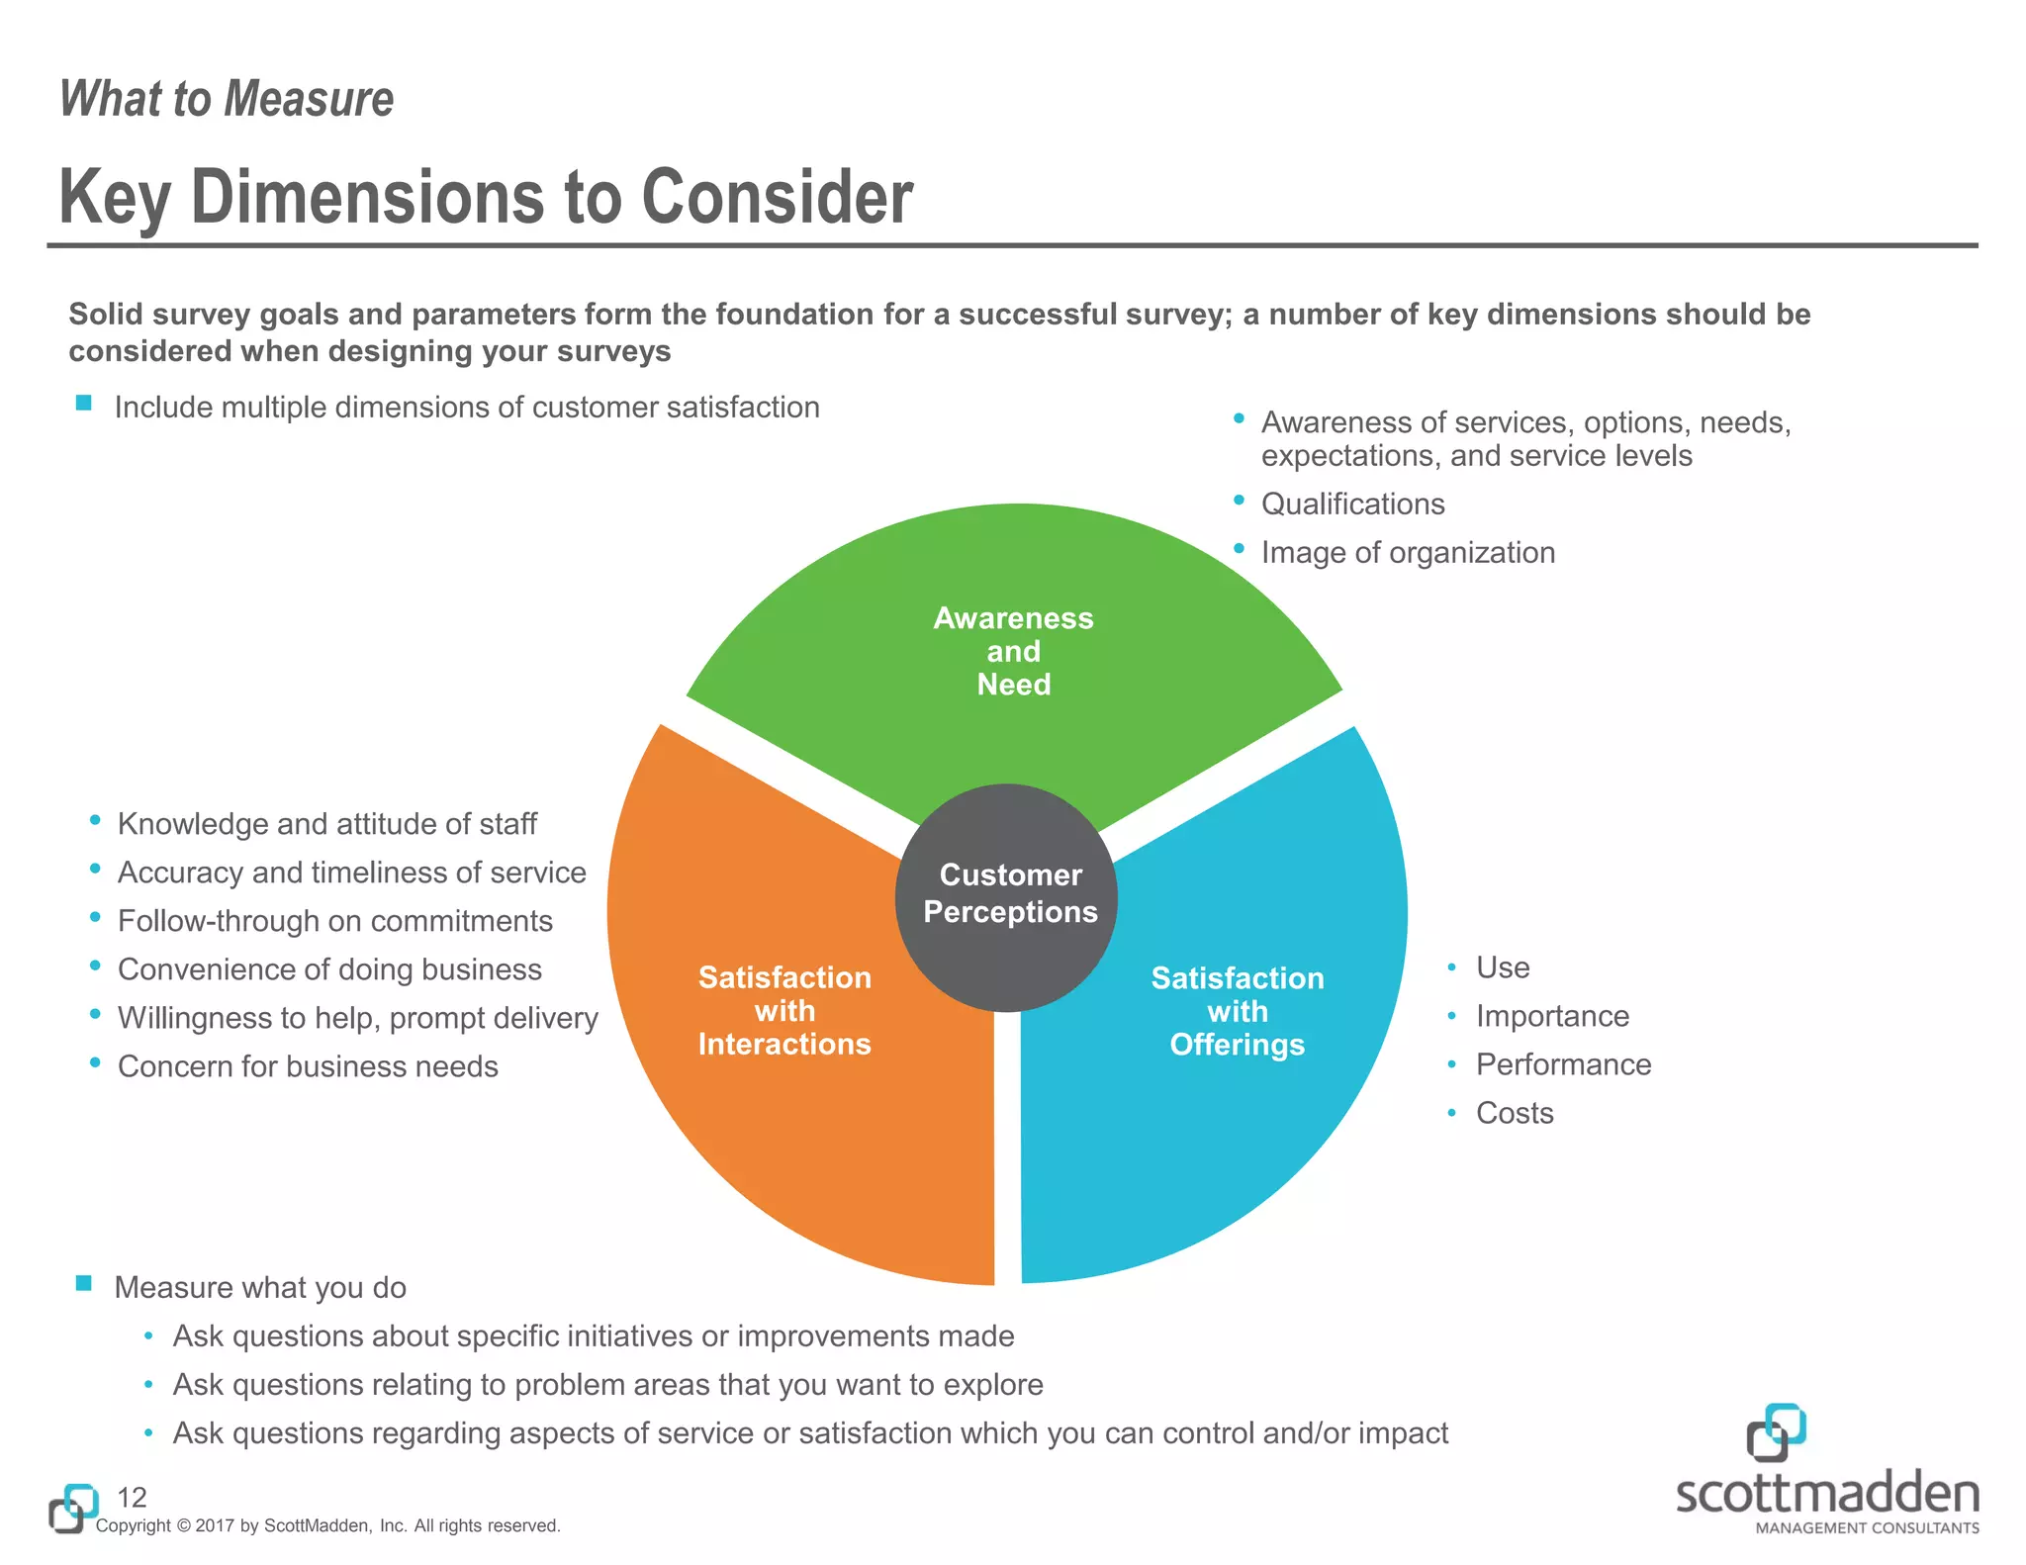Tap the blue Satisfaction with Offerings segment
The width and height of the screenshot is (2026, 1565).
click(x=1237, y=1088)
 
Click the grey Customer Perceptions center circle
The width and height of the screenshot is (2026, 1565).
click(x=1007, y=895)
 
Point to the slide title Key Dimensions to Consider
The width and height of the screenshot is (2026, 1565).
click(x=486, y=197)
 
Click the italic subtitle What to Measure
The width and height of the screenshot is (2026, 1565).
click(x=227, y=99)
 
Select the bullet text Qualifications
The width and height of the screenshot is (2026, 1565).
click(x=1352, y=505)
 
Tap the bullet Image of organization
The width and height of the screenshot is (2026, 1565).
click(x=1407, y=553)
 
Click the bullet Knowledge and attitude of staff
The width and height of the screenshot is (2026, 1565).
click(x=326, y=824)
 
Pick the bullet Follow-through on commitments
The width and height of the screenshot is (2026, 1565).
click(x=334, y=921)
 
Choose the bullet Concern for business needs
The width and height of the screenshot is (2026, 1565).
click(x=308, y=1066)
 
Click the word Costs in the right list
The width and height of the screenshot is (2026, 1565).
click(x=1514, y=1113)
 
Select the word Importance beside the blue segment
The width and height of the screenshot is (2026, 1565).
click(x=1551, y=1016)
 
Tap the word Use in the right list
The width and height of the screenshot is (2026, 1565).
click(x=1502, y=967)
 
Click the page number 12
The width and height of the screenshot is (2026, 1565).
click(x=132, y=1497)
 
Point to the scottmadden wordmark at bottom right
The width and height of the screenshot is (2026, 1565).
click(x=1827, y=1494)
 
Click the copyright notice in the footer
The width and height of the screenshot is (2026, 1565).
click(x=327, y=1525)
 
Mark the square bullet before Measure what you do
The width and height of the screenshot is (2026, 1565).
click(x=84, y=1284)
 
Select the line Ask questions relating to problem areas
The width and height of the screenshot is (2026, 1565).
click(x=607, y=1385)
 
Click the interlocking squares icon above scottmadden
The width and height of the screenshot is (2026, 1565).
click(x=1776, y=1431)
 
